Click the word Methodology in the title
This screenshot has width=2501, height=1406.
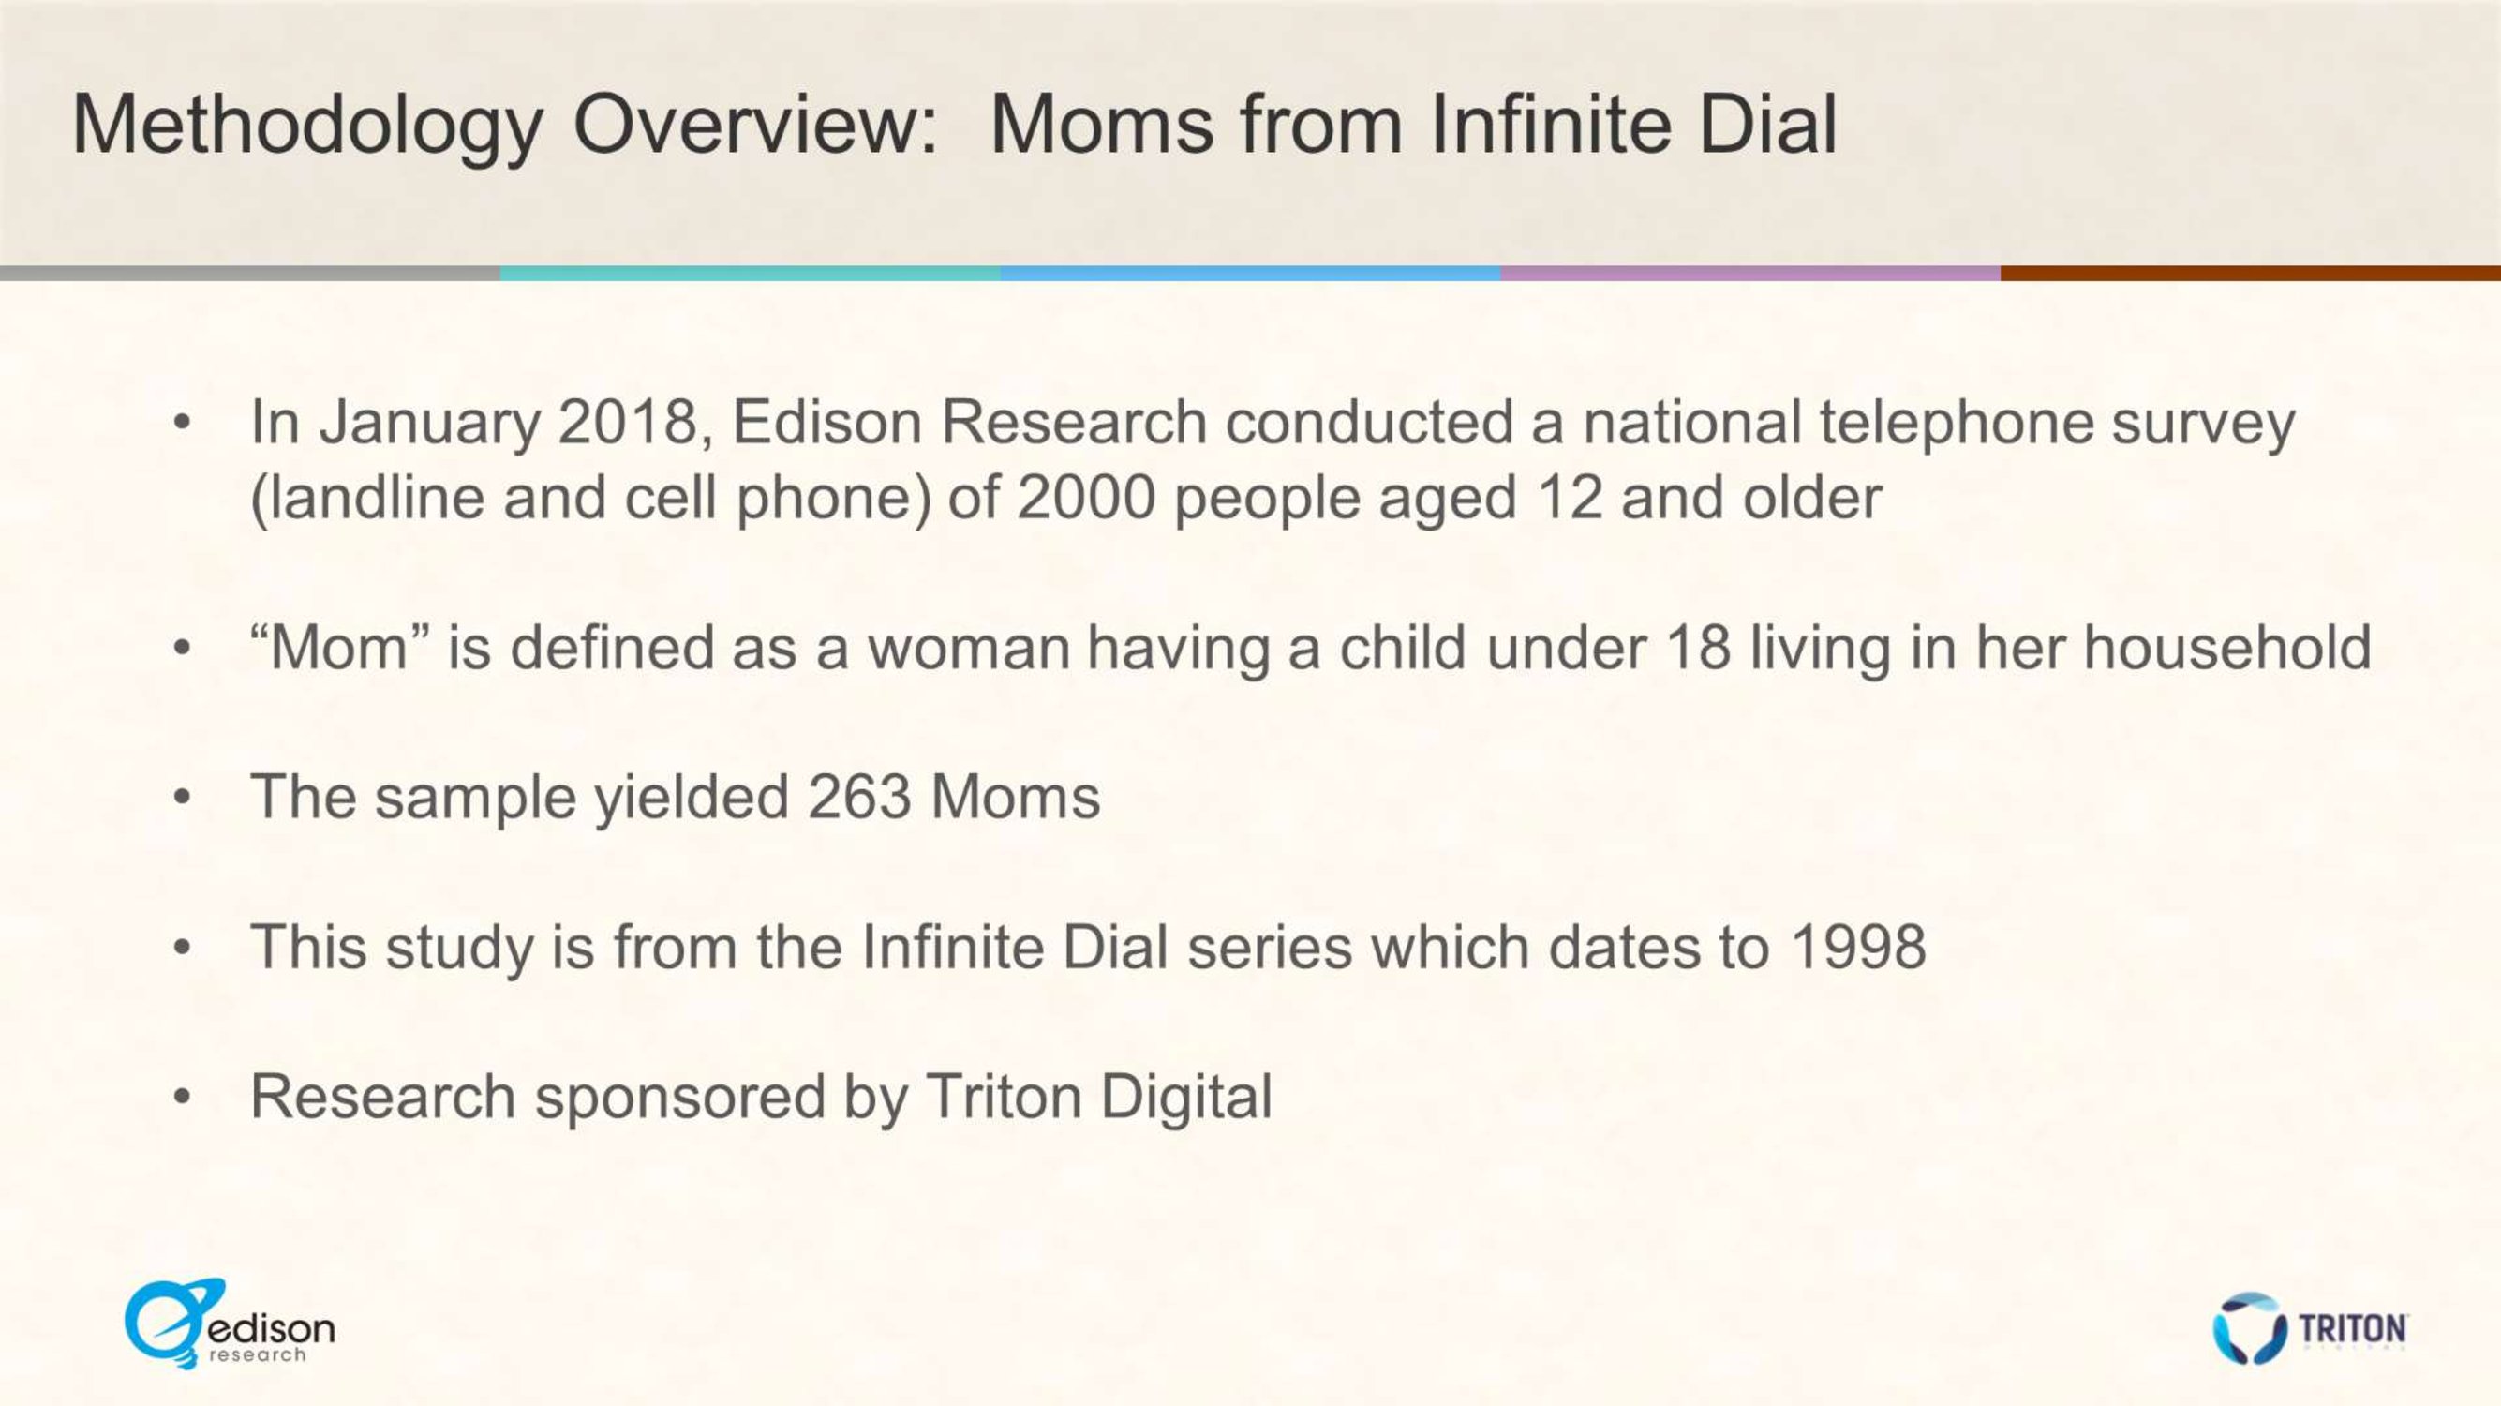point(306,127)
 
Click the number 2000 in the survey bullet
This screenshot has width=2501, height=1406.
point(1085,497)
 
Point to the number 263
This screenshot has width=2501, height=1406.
point(859,797)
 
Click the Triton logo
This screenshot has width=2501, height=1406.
point(2310,1326)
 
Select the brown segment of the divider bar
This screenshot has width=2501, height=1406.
point(2251,274)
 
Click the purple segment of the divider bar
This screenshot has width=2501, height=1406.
point(1750,274)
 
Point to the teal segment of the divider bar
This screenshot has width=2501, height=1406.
point(751,274)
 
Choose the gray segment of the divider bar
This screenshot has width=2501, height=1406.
point(250,274)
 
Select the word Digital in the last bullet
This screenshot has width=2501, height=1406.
point(1185,1099)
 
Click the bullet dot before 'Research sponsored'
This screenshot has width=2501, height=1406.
point(182,1099)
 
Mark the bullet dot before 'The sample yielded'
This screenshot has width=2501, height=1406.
point(182,799)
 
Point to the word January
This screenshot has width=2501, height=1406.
point(430,425)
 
